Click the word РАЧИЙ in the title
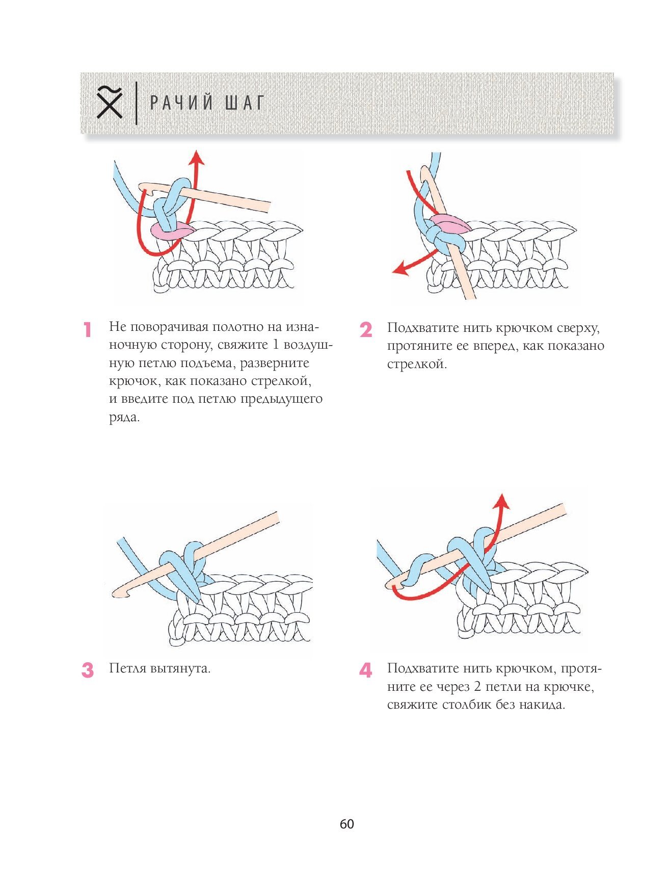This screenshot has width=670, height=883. [x=181, y=103]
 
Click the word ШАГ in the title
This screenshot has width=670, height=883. [x=245, y=103]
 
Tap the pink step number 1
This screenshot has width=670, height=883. [x=88, y=330]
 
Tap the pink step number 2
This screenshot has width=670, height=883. [x=366, y=330]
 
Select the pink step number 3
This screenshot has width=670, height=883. [x=88, y=670]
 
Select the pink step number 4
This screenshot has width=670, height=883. [x=366, y=670]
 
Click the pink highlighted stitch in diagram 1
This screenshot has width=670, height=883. [x=171, y=230]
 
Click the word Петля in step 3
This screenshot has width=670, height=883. [x=128, y=668]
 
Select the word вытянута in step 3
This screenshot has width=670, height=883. [x=180, y=669]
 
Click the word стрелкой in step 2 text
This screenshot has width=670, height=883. [x=417, y=365]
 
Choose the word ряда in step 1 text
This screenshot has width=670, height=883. [x=124, y=418]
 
